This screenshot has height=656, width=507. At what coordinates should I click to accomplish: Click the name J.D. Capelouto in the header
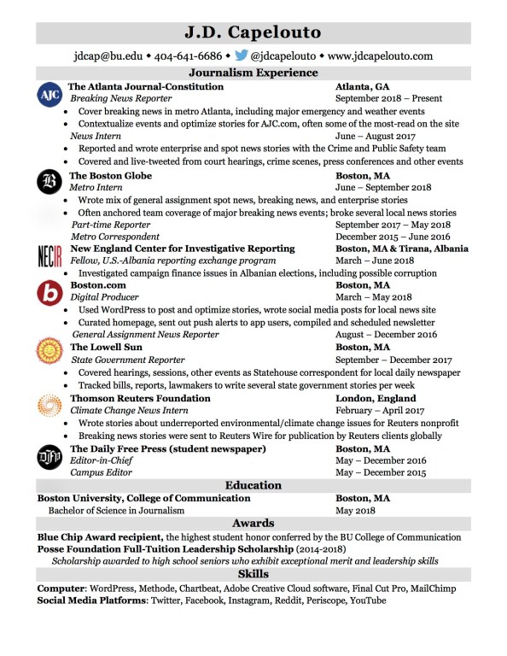tap(253, 32)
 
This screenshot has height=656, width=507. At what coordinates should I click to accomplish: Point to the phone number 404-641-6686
tap(187, 56)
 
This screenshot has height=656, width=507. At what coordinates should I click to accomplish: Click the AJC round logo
tap(50, 96)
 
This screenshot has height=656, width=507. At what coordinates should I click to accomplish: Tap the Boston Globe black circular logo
tap(50, 182)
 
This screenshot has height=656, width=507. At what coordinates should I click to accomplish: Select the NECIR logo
tap(50, 255)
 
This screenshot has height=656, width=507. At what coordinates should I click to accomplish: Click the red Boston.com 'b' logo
tap(50, 293)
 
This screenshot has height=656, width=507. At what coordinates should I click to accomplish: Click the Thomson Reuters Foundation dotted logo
tap(50, 405)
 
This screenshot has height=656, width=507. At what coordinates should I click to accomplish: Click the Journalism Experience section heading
tap(253, 73)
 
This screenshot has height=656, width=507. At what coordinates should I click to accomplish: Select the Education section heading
tap(253, 485)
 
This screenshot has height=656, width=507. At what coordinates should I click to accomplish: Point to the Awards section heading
tap(253, 523)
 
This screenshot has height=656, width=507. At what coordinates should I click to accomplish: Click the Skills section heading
tap(253, 574)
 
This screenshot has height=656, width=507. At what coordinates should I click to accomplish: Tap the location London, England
tap(376, 398)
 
